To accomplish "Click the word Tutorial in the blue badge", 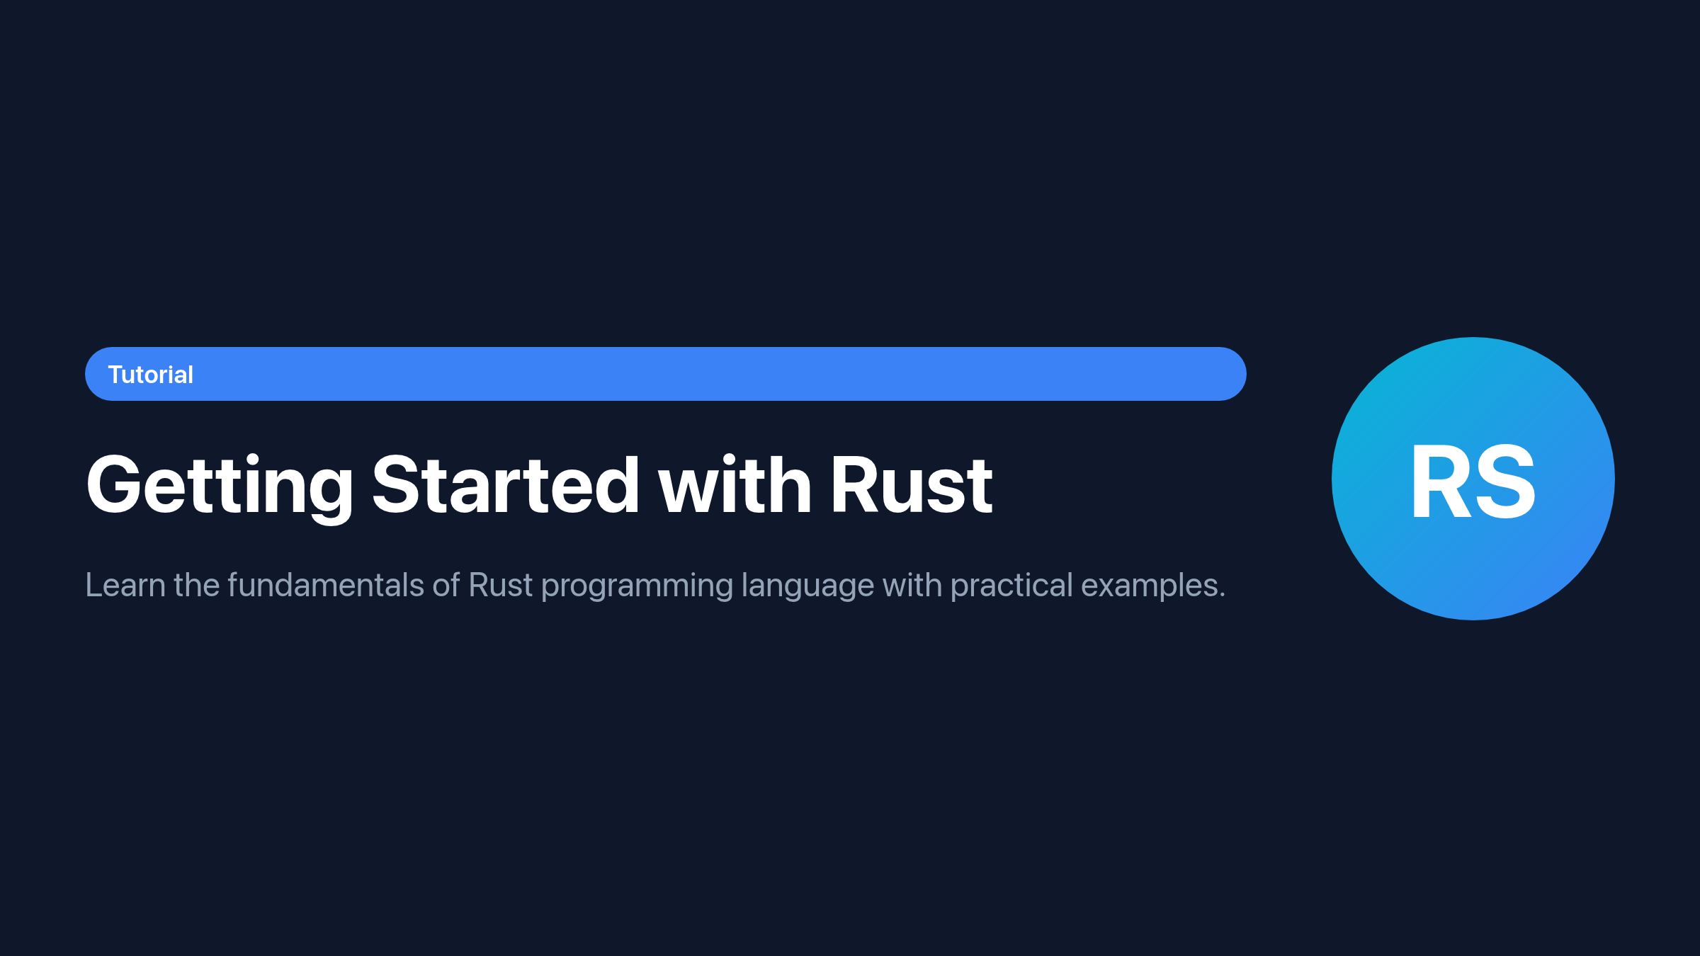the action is pyautogui.click(x=150, y=375).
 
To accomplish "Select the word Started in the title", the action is pyautogui.click(x=506, y=484).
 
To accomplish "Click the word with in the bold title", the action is pyautogui.click(x=735, y=484).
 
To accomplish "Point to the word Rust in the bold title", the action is pyautogui.click(x=912, y=484).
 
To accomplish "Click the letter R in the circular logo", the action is pyautogui.click(x=1440, y=481).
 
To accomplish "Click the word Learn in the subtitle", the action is pyautogui.click(x=125, y=586).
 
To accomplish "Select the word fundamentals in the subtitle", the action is pyautogui.click(x=326, y=586).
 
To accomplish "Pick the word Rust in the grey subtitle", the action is pyautogui.click(x=500, y=586).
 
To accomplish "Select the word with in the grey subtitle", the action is pyautogui.click(x=912, y=586).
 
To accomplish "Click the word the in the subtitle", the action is pyautogui.click(x=196, y=586).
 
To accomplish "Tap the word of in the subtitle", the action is pyautogui.click(x=446, y=586).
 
